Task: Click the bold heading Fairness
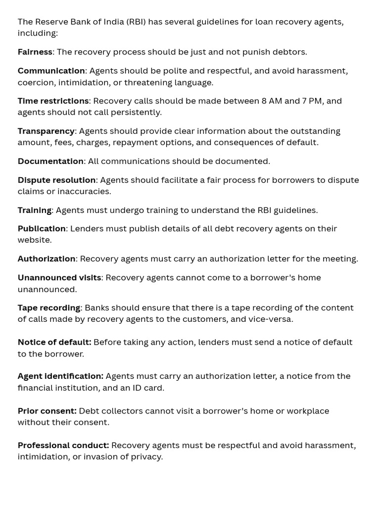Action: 35,52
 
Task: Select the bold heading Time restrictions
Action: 53,101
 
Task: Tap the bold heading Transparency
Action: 46,131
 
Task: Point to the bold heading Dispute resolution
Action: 56,180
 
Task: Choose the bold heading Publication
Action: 42,229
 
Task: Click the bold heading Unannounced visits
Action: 59,278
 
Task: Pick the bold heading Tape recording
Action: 48,308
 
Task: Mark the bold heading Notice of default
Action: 54,343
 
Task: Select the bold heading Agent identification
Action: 60,376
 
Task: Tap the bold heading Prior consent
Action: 47,411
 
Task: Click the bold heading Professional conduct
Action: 63,446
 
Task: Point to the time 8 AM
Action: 271,101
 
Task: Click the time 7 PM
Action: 311,101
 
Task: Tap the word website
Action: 34,240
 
